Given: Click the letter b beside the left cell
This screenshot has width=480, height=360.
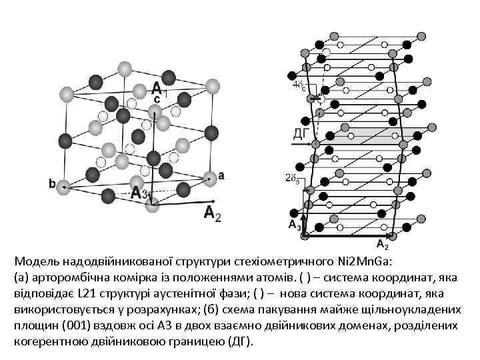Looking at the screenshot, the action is click(52, 184).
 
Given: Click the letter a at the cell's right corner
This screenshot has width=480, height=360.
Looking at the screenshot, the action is click(221, 175).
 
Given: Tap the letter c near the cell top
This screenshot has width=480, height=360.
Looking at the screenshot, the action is click(157, 99).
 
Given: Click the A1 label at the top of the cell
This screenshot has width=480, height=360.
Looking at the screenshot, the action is click(159, 87).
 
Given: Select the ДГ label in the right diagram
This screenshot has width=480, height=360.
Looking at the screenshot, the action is click(301, 133).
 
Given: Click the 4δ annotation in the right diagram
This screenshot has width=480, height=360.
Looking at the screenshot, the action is click(299, 85).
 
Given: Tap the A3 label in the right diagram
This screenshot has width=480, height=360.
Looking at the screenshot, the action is click(294, 225).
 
